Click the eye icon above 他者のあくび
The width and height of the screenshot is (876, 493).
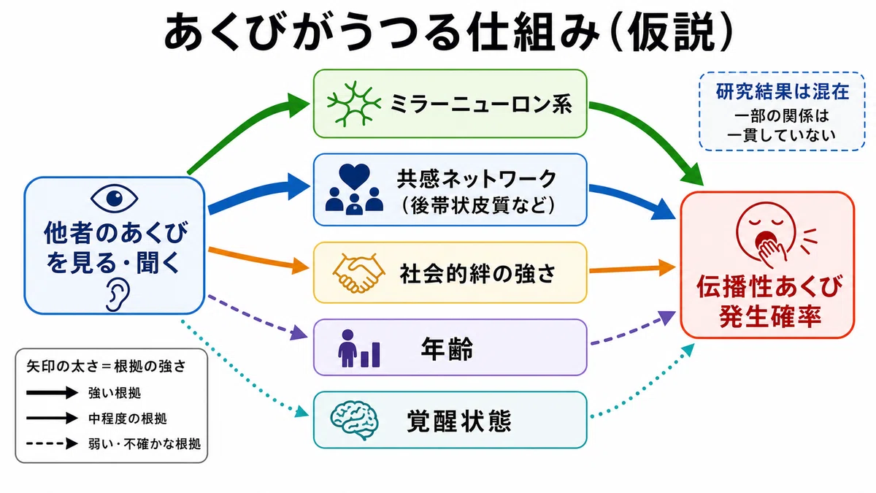(x=114, y=198)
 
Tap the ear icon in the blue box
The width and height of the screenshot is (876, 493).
(x=118, y=295)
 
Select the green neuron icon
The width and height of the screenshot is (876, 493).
(x=354, y=104)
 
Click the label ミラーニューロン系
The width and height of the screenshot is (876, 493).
(x=481, y=104)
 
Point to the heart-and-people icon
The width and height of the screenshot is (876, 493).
(x=354, y=189)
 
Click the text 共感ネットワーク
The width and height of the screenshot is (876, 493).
(x=477, y=179)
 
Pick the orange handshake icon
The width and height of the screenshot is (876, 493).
(x=358, y=273)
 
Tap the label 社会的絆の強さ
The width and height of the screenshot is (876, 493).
(x=477, y=273)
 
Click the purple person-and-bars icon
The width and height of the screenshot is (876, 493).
(x=359, y=348)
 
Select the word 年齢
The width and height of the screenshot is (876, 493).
(x=447, y=348)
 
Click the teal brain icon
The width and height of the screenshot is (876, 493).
(x=354, y=421)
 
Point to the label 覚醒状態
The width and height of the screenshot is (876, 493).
(x=459, y=421)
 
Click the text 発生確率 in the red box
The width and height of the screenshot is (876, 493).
(x=770, y=316)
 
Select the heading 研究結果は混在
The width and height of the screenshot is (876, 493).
(x=782, y=91)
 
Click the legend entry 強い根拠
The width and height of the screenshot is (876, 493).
(x=115, y=393)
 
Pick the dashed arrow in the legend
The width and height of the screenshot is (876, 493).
(x=53, y=444)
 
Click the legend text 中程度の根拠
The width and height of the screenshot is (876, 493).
(x=128, y=419)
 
